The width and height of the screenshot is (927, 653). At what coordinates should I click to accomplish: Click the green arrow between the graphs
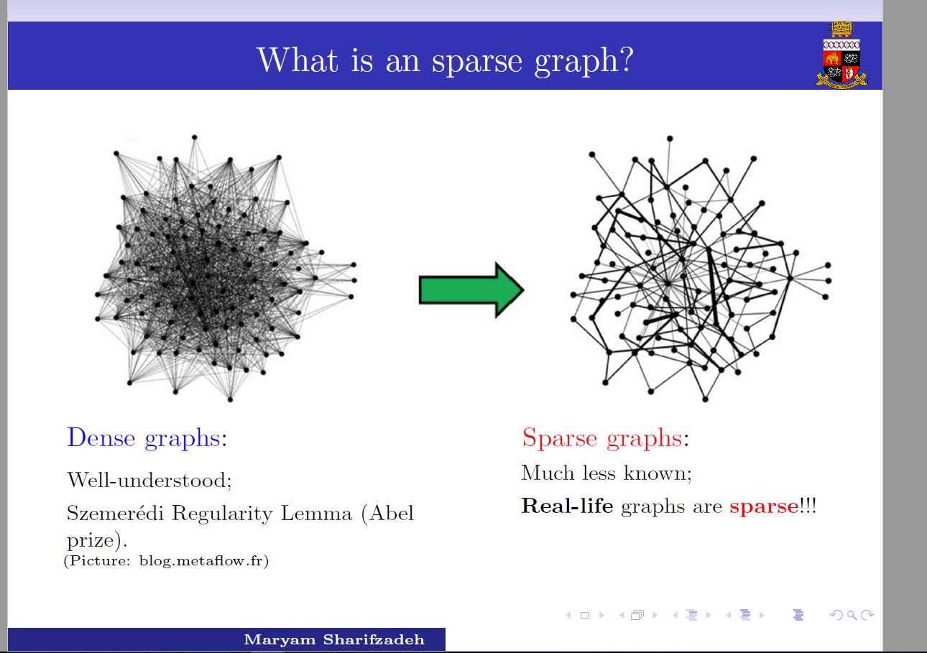471,290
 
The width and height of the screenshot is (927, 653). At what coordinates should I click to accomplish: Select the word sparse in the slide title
476,62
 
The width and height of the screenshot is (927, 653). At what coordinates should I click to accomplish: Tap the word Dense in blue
101,437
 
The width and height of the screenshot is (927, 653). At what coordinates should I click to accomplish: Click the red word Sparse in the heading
559,437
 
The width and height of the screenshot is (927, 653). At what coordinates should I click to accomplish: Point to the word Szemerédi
115,513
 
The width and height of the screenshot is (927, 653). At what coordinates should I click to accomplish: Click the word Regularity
222,514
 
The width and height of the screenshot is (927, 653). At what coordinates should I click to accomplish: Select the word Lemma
316,514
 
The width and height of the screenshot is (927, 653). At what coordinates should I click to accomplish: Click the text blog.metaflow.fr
200,561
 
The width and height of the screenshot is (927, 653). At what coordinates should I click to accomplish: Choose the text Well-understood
147,481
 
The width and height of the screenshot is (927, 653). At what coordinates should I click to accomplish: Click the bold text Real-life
567,506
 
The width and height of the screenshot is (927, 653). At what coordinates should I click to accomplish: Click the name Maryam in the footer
280,640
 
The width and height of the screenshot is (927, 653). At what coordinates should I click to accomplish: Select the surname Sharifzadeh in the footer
374,639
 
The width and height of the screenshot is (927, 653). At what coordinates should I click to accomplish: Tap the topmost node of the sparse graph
670,138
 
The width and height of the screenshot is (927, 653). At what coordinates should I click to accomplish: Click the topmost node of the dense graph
195,137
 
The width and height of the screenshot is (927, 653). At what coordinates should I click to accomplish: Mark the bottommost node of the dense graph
230,399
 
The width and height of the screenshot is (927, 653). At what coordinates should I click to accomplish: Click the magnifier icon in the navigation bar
852,616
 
